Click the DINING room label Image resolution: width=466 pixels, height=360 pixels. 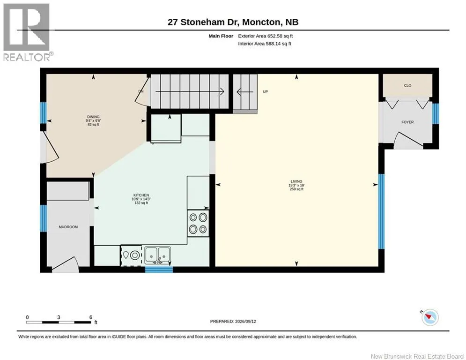(93, 117)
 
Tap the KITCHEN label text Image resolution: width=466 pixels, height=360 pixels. (141, 195)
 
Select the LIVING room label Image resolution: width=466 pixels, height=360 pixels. (296, 181)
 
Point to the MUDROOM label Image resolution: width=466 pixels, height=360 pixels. (68, 227)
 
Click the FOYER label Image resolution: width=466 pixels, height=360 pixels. (407, 122)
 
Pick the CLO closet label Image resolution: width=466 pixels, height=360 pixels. (407, 85)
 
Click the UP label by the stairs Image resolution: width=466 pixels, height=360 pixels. (266, 91)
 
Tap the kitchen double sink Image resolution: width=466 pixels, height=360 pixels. (157, 255)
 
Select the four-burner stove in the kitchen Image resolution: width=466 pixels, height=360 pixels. (198, 223)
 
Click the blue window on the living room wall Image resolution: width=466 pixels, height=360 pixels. (381, 211)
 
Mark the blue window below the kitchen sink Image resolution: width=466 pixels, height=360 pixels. (159, 270)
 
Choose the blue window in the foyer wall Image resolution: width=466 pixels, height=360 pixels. (436, 113)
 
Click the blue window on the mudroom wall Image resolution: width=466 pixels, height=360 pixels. (44, 218)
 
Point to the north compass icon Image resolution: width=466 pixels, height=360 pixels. (430, 317)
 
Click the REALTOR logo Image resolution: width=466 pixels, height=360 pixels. (26, 32)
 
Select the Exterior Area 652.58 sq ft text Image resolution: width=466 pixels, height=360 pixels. (266, 36)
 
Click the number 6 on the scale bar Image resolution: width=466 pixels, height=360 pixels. (91, 317)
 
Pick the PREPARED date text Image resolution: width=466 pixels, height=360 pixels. (233, 321)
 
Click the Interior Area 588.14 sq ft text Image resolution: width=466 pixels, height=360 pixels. (265, 44)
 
